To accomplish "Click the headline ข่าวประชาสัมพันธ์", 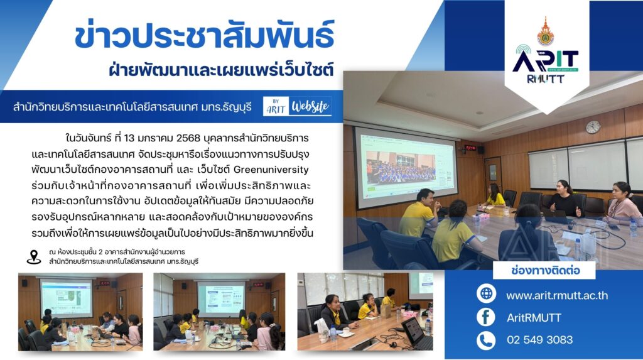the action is tap(204, 35).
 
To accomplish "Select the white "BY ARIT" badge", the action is tap(276, 106).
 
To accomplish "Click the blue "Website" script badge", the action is tap(310, 106).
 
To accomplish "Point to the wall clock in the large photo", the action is tap(593, 127).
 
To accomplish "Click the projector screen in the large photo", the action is tap(406, 168).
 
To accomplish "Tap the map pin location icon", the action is tap(34, 258).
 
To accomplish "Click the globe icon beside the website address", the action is tap(487, 294).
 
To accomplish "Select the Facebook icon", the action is tap(487, 317).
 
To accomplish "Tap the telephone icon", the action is tap(487, 341).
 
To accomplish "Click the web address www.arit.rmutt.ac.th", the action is tap(557, 295).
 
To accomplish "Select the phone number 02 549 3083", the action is tap(539, 340).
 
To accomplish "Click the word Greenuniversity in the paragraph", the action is tap(271, 170).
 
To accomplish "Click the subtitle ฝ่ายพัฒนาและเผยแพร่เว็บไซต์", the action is tap(222, 69).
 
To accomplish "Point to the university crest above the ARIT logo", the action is tap(546, 31).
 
